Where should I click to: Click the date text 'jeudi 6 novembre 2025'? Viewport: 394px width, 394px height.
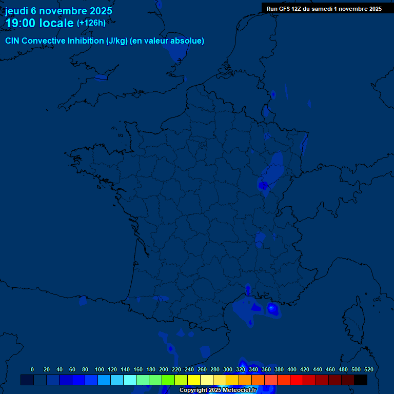click(58, 11)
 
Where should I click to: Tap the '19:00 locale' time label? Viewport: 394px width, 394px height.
click(40, 23)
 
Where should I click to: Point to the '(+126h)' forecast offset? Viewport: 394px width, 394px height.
click(91, 23)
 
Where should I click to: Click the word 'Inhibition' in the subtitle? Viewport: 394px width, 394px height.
click(86, 41)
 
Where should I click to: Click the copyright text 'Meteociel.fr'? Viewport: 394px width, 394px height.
click(239, 390)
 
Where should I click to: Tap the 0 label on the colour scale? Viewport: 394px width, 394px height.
click(32, 369)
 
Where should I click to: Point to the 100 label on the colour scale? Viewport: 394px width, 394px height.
click(100, 369)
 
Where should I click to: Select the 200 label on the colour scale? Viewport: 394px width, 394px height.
click(164, 369)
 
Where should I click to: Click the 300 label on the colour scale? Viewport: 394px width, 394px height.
click(228, 369)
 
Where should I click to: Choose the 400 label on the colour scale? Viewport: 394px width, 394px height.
click(292, 369)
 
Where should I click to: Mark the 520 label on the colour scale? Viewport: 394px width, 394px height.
click(368, 369)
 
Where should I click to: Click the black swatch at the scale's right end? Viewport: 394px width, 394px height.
click(361, 380)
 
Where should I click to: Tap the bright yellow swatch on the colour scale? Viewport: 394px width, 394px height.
click(194, 380)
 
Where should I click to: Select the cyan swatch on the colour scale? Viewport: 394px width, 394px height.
click(130, 380)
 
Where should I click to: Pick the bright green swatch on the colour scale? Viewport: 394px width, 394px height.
click(168, 380)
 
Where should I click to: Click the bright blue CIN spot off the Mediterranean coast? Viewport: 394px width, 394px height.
click(272, 308)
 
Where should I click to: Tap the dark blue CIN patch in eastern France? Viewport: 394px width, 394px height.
click(264, 185)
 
